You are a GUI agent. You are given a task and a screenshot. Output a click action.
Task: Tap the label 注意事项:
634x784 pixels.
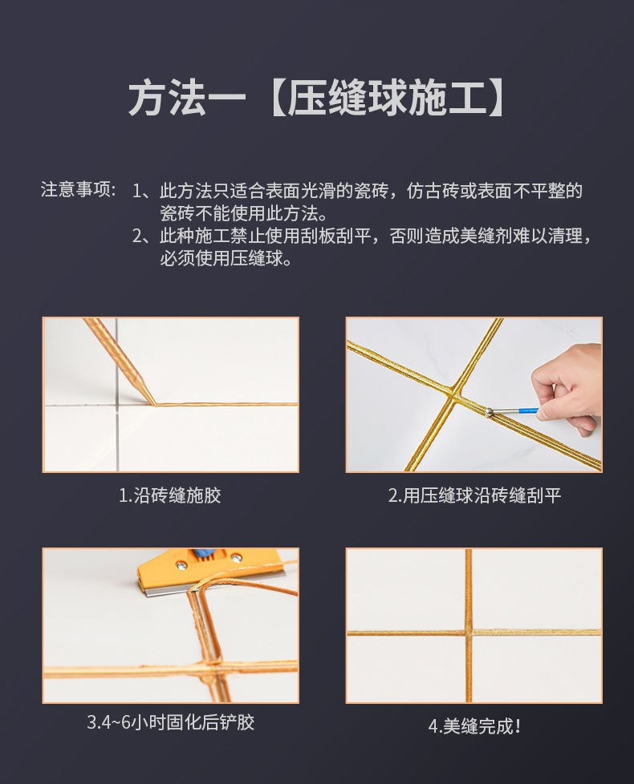79,191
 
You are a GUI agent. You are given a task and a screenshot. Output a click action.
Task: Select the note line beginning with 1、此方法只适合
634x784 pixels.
357,191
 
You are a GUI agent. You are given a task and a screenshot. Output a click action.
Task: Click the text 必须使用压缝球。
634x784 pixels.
226,259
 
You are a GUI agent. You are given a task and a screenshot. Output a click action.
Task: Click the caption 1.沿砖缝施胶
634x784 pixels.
170,495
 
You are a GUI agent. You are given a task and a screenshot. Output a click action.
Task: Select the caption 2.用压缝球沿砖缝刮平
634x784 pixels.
473,495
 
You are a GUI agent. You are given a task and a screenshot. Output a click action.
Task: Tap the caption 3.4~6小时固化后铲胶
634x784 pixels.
170,722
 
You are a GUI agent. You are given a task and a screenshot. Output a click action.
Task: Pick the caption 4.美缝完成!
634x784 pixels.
473,726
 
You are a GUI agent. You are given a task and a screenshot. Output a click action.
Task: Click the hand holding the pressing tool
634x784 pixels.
570,385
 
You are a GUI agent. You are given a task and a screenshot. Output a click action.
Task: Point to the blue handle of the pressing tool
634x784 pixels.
526,410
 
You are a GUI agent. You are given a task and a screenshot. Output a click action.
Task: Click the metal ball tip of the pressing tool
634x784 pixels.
489,412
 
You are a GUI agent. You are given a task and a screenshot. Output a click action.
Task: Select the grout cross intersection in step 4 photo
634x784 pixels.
468,632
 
